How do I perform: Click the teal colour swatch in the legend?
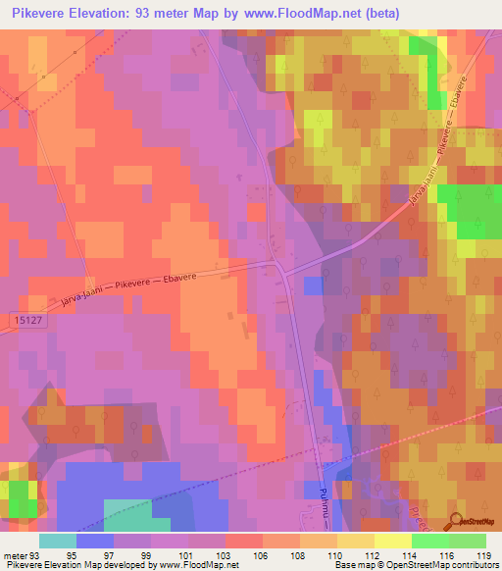click(58, 541)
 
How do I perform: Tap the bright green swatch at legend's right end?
click(467, 541)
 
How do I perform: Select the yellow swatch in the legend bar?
click(392, 541)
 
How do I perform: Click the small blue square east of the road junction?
click(313, 285)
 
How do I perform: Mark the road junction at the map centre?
click(280, 267)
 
